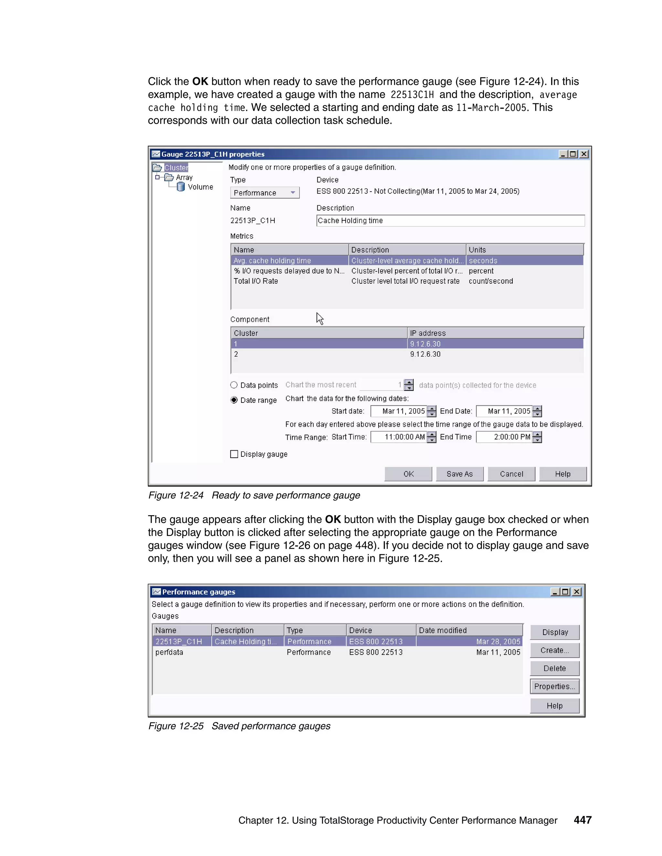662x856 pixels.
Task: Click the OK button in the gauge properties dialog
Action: pyautogui.click(x=408, y=474)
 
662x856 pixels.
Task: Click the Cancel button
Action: pyautogui.click(x=511, y=474)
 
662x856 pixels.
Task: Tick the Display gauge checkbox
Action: pyautogui.click(x=234, y=454)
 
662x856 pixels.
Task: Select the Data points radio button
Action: pyautogui.click(x=234, y=385)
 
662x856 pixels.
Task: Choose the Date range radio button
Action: pyautogui.click(x=234, y=400)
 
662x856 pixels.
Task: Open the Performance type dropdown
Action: pyautogui.click(x=265, y=193)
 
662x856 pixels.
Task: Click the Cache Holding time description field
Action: pyautogui.click(x=450, y=221)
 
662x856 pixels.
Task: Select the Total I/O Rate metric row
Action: pyautogui.click(x=256, y=281)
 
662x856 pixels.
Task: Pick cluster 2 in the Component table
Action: pyautogui.click(x=236, y=354)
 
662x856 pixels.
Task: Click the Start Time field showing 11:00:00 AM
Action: pyautogui.click(x=399, y=437)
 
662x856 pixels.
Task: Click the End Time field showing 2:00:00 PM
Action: pyautogui.click(x=504, y=437)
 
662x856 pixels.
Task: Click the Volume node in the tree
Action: pyautogui.click(x=200, y=187)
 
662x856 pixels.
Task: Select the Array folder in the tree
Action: pyautogui.click(x=184, y=177)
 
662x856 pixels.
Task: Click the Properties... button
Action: pyautogui.click(x=554, y=686)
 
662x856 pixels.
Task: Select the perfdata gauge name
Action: pyautogui.click(x=169, y=652)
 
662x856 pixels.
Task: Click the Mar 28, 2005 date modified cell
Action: pyautogui.click(x=498, y=641)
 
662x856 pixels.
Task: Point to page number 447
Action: pyautogui.click(x=582, y=820)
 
